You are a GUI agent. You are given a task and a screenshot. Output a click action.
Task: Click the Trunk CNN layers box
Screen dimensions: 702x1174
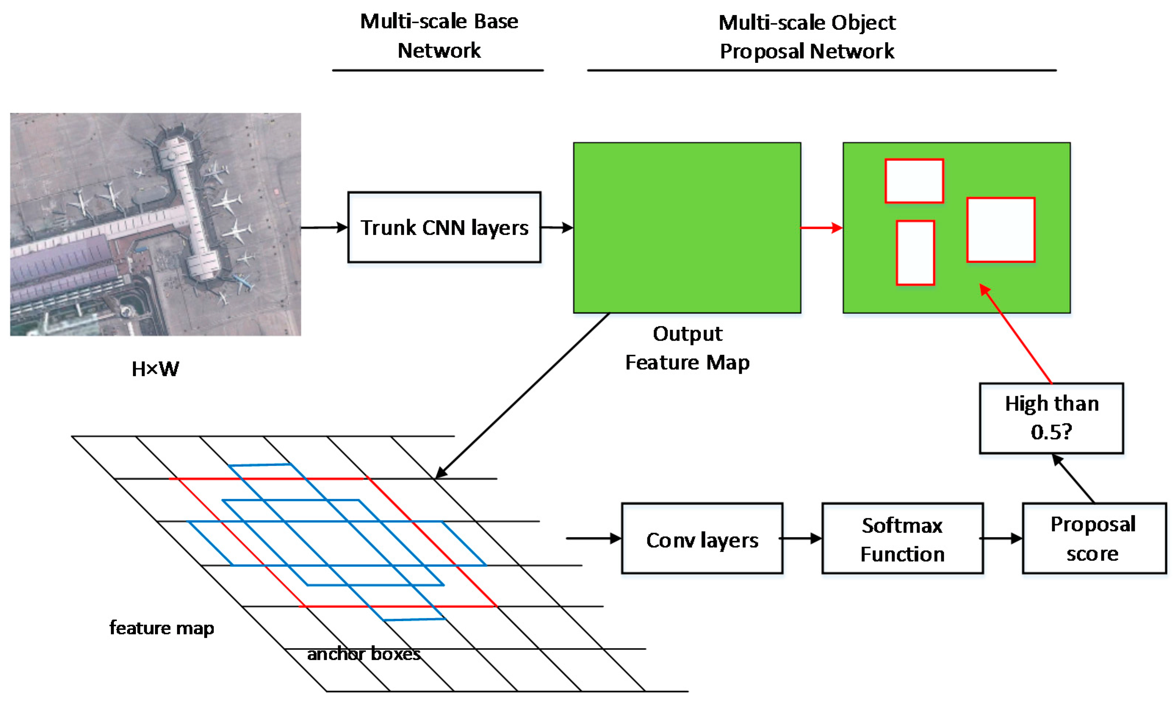coord(444,227)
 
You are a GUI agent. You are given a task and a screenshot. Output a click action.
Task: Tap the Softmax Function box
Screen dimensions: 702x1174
coord(902,538)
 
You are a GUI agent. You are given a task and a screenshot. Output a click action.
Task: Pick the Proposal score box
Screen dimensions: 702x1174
coord(1094,538)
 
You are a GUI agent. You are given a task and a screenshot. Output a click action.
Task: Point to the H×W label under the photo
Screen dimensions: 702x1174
coord(155,369)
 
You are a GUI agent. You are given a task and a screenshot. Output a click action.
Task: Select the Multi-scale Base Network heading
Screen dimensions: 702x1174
coord(439,36)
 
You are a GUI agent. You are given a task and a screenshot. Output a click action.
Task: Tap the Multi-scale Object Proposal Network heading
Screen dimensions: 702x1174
coord(807,37)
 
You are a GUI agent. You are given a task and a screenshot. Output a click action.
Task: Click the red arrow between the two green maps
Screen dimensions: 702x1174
coord(821,228)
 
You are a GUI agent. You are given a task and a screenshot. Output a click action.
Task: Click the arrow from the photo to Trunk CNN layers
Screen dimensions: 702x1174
coord(324,228)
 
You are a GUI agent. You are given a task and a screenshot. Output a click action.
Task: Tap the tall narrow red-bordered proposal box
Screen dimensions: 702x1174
coord(915,252)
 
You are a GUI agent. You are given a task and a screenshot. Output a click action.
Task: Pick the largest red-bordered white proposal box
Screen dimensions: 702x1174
coord(1001,230)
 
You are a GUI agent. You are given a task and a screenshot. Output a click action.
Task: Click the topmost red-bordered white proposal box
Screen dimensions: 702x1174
coord(914,181)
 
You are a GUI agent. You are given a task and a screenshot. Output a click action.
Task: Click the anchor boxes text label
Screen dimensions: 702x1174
coord(364,654)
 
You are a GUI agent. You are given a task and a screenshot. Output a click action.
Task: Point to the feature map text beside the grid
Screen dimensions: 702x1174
coord(162,628)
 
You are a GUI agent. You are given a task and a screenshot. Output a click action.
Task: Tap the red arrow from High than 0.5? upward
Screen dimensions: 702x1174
coord(1016,334)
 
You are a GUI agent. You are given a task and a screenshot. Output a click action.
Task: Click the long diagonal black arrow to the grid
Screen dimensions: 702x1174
coord(522,395)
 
